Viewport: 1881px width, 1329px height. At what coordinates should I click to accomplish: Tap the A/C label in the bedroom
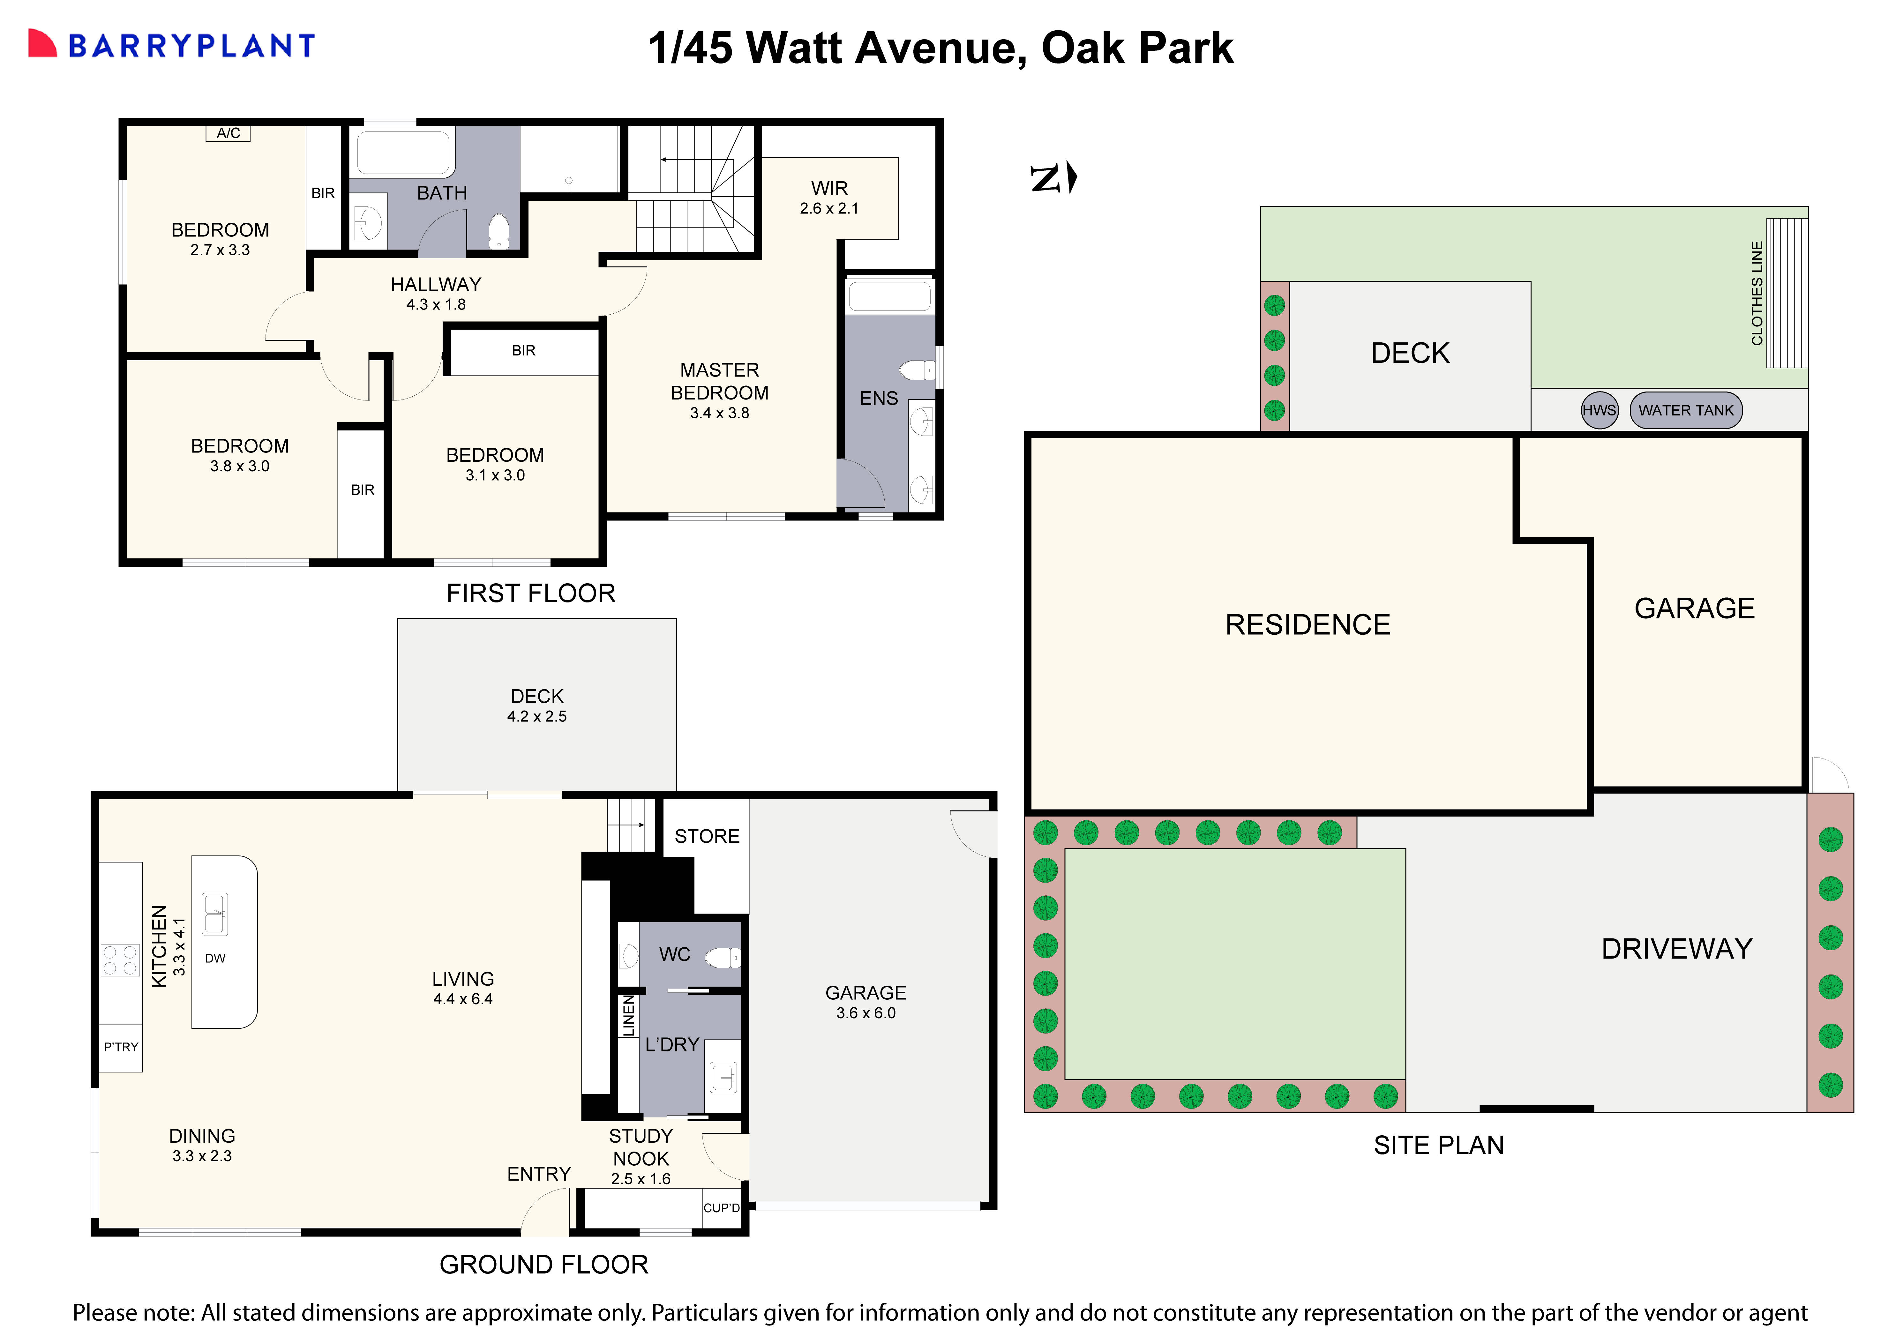click(228, 133)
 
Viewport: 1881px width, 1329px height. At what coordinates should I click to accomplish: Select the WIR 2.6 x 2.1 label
click(829, 198)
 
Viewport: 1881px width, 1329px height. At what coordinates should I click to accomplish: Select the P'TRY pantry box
click(120, 1047)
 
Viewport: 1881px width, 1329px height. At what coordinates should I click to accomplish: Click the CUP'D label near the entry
click(721, 1208)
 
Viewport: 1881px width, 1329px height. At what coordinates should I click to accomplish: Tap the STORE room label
click(706, 836)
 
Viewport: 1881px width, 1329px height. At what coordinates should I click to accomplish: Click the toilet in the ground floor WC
click(723, 957)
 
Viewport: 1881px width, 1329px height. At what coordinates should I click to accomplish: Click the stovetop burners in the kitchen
click(120, 959)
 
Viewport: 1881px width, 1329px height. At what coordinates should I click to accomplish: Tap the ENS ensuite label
click(878, 398)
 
